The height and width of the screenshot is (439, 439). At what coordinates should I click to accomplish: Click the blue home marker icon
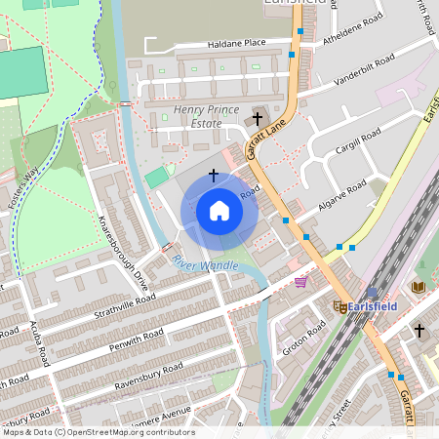[219, 211]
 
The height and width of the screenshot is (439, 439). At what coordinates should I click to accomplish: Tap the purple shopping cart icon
[300, 282]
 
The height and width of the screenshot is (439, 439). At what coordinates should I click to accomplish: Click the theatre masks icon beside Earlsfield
[339, 306]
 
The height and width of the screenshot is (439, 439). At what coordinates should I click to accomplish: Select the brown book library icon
[419, 287]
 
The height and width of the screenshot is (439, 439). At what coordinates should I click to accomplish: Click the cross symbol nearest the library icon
[419, 331]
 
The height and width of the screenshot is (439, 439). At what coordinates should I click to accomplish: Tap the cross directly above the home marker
[214, 176]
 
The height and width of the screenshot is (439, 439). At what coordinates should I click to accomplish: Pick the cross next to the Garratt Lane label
[258, 119]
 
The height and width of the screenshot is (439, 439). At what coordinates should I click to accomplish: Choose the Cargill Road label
[363, 145]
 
